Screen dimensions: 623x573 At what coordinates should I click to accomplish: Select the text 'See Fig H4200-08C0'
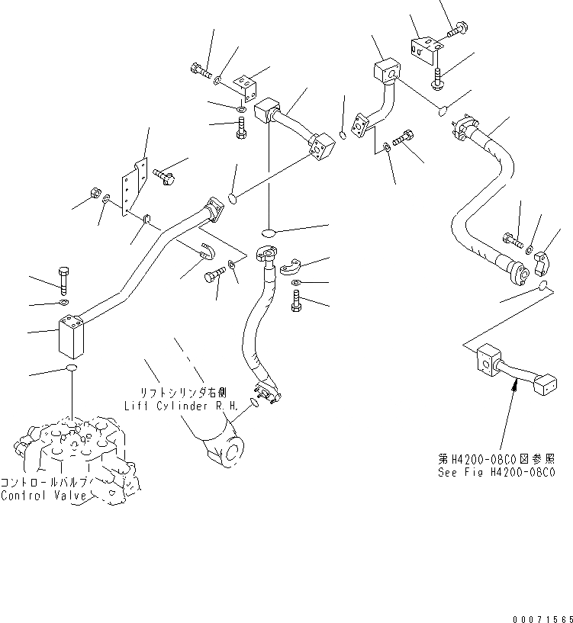click(496, 472)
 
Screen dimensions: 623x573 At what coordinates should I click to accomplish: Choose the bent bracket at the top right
click(421, 47)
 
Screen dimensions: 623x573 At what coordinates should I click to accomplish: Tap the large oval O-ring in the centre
click(269, 231)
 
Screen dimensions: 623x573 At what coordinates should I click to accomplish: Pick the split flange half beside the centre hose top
click(290, 265)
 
